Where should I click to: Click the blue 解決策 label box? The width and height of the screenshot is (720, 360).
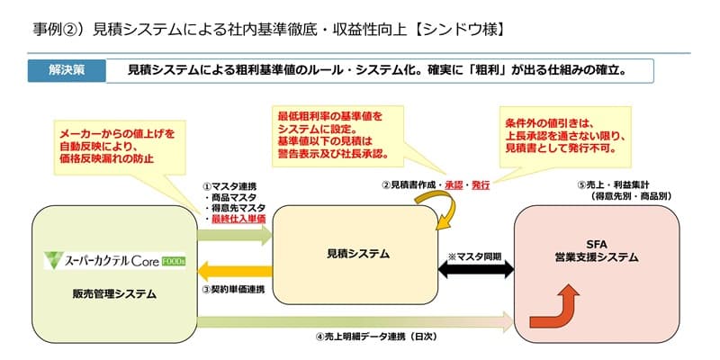click(x=67, y=71)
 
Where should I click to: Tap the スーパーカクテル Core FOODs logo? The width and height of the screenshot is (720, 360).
click(x=115, y=260)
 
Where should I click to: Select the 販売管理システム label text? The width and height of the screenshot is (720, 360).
click(x=114, y=294)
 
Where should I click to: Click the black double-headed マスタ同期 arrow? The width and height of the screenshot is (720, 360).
click(x=476, y=269)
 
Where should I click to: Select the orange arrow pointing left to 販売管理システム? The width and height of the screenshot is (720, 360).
click(x=235, y=271)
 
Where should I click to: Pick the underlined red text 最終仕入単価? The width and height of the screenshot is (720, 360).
click(x=238, y=219)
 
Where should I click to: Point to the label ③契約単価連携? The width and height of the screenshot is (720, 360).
click(x=233, y=290)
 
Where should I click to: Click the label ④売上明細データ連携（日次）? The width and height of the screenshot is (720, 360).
click(x=375, y=337)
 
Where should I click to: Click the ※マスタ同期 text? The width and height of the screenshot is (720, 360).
click(x=476, y=256)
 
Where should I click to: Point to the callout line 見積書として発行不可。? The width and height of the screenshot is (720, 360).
click(x=561, y=148)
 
